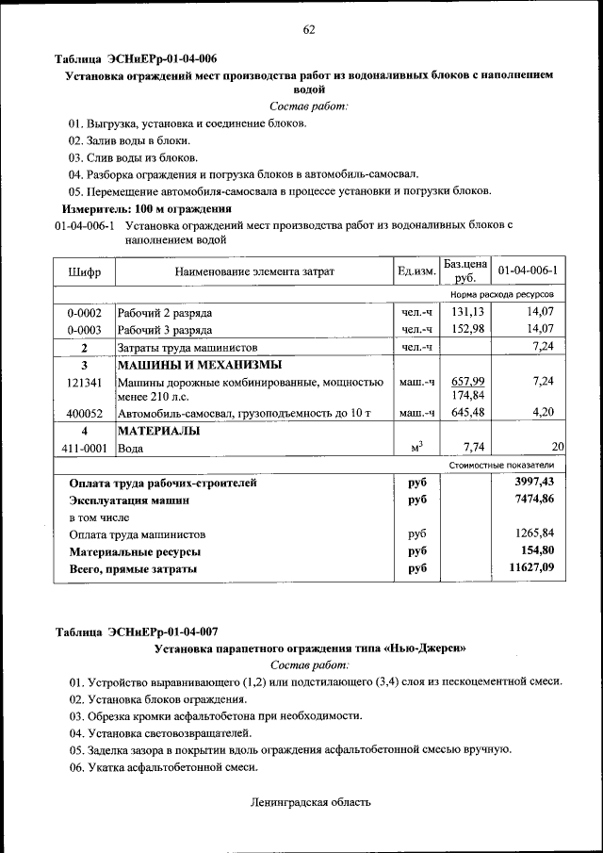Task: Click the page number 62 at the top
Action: tap(308, 29)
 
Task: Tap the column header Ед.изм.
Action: tap(416, 271)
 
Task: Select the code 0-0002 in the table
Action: tap(84, 312)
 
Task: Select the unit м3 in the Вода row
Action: tap(416, 448)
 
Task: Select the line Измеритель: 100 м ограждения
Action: tap(146, 208)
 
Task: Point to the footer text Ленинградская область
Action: tap(310, 802)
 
